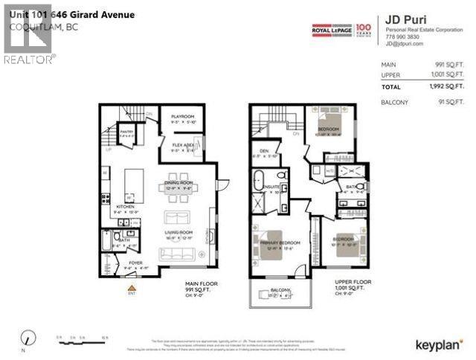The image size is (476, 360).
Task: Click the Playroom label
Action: (182, 117)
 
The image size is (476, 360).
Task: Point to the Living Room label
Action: (180, 232)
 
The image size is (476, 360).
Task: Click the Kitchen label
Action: (124, 208)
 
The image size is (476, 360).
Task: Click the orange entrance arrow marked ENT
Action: (132, 287)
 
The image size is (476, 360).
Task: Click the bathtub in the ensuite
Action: (257, 181)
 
